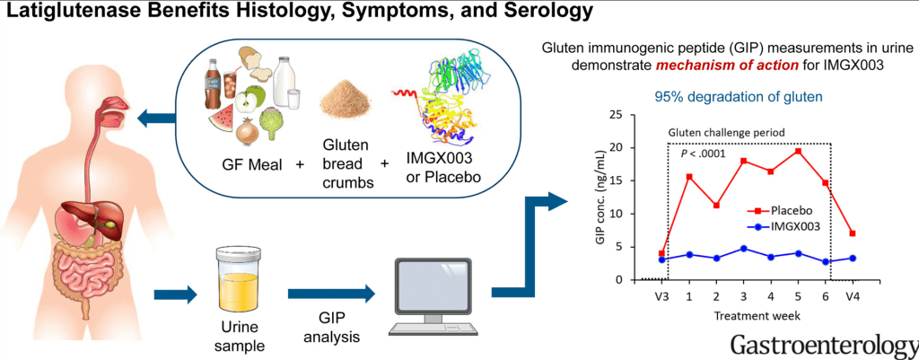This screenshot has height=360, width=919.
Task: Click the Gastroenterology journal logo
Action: click(x=823, y=344)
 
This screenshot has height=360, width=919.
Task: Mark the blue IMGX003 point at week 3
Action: click(x=743, y=249)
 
